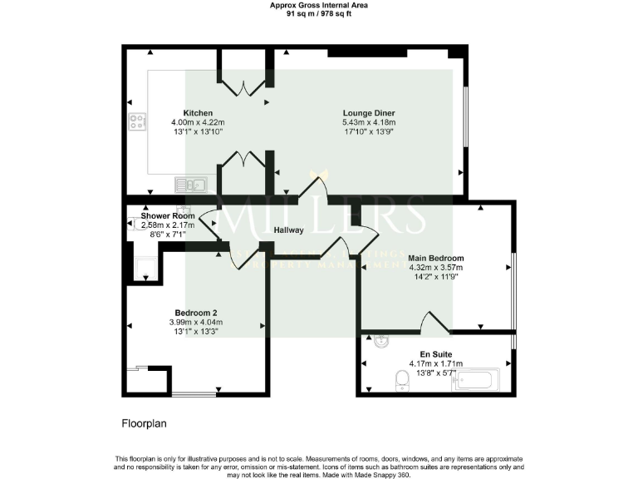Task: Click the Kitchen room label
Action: point(198,113)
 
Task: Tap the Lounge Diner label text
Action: point(368,113)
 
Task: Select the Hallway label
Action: point(289,230)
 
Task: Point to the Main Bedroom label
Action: point(435,258)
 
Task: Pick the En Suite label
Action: point(435,353)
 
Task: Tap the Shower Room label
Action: point(168,216)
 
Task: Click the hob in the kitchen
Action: point(137,123)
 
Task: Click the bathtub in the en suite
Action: point(476,379)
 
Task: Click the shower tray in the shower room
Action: point(145,266)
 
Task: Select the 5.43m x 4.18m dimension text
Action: point(368,123)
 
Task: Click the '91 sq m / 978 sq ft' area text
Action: point(319,13)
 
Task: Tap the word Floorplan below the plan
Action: point(145,423)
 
